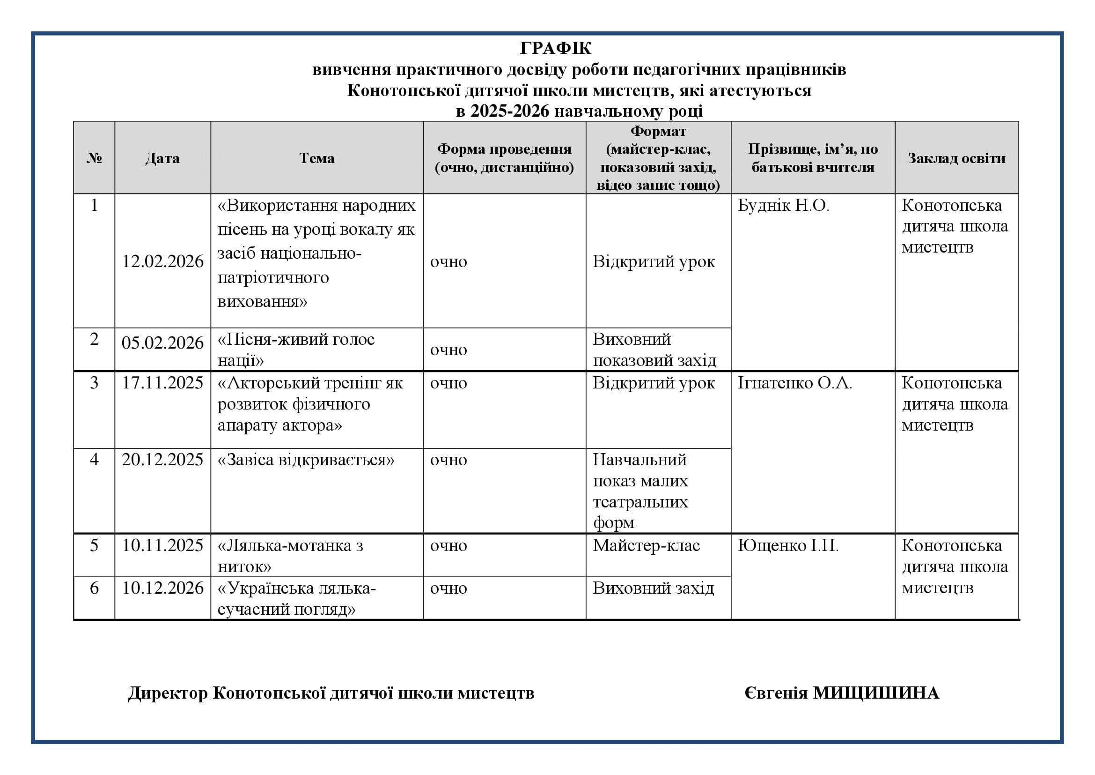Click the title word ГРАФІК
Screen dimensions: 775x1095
(x=555, y=48)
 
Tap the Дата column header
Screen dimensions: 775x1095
(x=162, y=158)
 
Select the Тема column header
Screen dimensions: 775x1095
(x=316, y=158)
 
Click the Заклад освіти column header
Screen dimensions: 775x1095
(x=956, y=158)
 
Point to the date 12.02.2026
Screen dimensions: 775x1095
(x=162, y=261)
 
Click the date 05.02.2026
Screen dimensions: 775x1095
(x=162, y=343)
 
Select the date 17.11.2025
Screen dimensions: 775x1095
(x=162, y=383)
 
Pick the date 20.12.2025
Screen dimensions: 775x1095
(x=162, y=460)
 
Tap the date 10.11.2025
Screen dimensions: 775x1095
(x=162, y=545)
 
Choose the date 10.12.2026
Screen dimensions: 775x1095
(x=162, y=588)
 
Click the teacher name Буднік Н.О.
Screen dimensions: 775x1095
(x=783, y=206)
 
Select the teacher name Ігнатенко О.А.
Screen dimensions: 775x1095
(x=794, y=383)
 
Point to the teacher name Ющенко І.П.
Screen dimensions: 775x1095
(x=788, y=545)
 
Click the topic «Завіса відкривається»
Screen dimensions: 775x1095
(x=306, y=460)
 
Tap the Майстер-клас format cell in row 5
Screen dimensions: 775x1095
(x=646, y=545)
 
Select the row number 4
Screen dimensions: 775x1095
(x=94, y=460)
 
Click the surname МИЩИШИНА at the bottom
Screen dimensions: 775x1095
(x=875, y=693)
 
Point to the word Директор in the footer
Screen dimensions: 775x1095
(x=168, y=693)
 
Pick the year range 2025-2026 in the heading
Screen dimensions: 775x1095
(x=510, y=111)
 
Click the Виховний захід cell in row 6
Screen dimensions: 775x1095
(x=654, y=588)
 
